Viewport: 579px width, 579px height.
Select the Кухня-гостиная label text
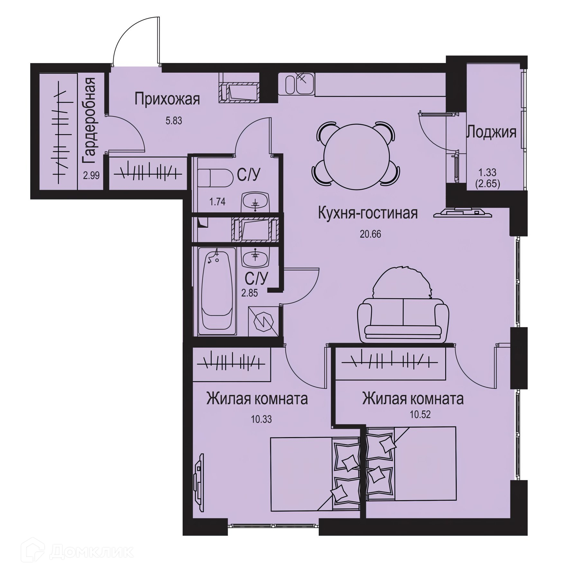[x=368, y=213]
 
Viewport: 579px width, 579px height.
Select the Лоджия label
[x=492, y=132]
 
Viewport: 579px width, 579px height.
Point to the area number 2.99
[x=91, y=175]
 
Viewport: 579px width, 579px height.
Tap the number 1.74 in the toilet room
[x=217, y=202]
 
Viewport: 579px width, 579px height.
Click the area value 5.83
[x=174, y=121]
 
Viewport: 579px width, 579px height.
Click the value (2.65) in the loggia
[x=487, y=185]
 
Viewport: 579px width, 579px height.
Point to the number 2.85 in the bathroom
[x=250, y=293]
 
